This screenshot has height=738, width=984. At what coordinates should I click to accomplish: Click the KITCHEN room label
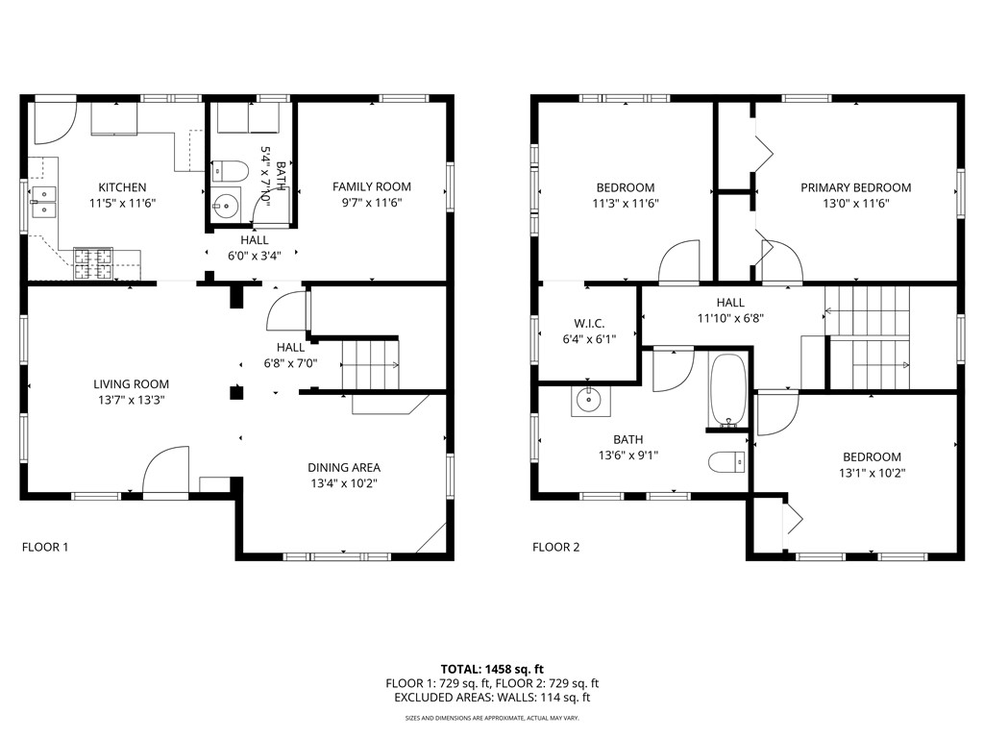122,187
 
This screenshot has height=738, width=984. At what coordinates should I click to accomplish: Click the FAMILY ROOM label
372,187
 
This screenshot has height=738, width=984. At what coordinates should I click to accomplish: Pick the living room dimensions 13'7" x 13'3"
124,400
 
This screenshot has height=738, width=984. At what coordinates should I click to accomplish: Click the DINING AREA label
344,467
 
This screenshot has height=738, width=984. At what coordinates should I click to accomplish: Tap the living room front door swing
164,471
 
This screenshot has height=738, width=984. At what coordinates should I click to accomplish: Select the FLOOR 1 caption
45,548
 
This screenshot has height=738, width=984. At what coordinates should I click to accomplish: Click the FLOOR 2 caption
556,548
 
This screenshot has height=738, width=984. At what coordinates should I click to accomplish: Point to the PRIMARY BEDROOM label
855,187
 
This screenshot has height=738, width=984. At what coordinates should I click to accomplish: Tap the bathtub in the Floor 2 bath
727,390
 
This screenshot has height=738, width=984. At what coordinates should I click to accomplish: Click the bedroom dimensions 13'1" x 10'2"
872,473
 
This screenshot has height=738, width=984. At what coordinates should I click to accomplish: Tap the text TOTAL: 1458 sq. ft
492,668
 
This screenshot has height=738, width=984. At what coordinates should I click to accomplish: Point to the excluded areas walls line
492,698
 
